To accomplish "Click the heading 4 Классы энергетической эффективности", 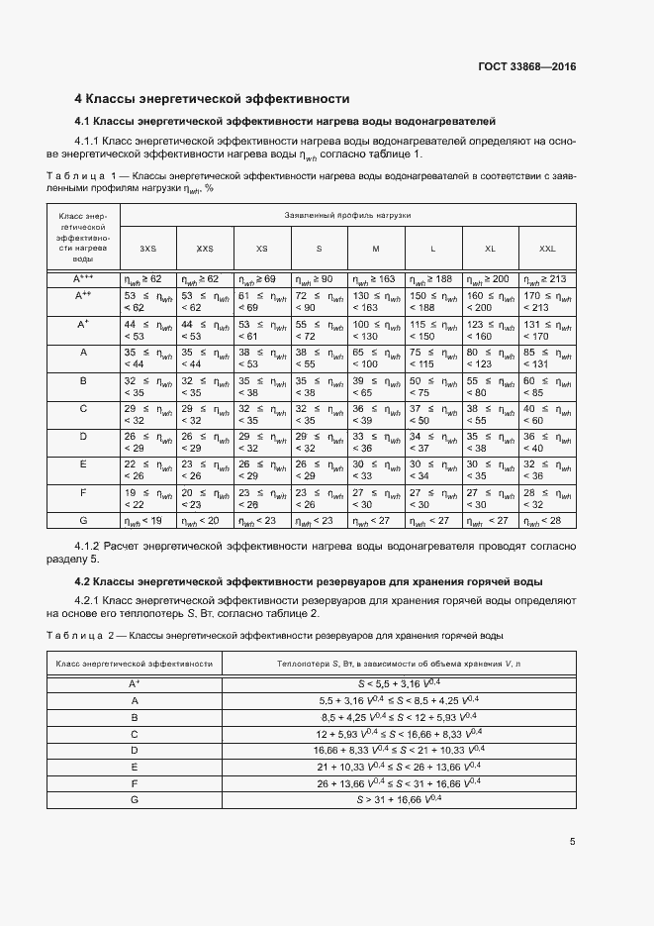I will pyautogui.click(x=213, y=99).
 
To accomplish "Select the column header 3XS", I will pyautogui.click(x=147, y=249).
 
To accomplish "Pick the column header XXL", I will pyautogui.click(x=547, y=249).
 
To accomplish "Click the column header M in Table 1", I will pyautogui.click(x=376, y=249).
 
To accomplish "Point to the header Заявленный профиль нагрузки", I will pyautogui.click(x=347, y=214).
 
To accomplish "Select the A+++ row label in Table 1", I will pyautogui.click(x=83, y=280).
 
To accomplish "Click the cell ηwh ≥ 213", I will pyautogui.click(x=547, y=280).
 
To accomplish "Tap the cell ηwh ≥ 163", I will pyautogui.click(x=376, y=280).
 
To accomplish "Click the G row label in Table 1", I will pyautogui.click(x=83, y=520).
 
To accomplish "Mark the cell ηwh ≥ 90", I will pyautogui.click(x=319, y=280).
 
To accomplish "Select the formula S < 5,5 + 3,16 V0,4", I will pyautogui.click(x=399, y=683).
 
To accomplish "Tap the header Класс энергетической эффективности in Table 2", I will pyautogui.click(x=135, y=664).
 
